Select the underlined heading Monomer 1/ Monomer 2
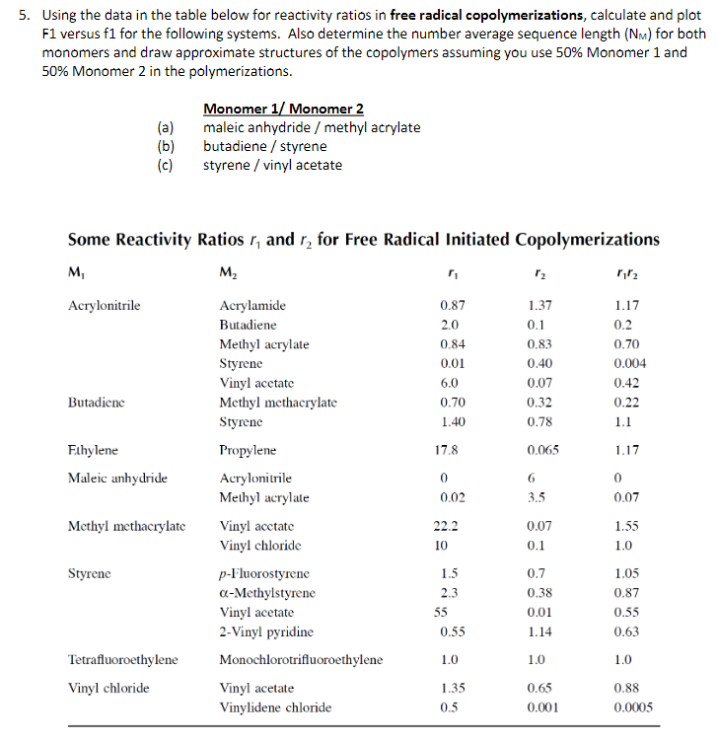283,109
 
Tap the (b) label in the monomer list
165,146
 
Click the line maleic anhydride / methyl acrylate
312,127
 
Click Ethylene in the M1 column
94,450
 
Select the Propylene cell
248,450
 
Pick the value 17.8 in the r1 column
449,450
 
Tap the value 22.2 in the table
449,526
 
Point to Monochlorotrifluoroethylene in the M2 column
301,659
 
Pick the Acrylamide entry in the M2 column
252,306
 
